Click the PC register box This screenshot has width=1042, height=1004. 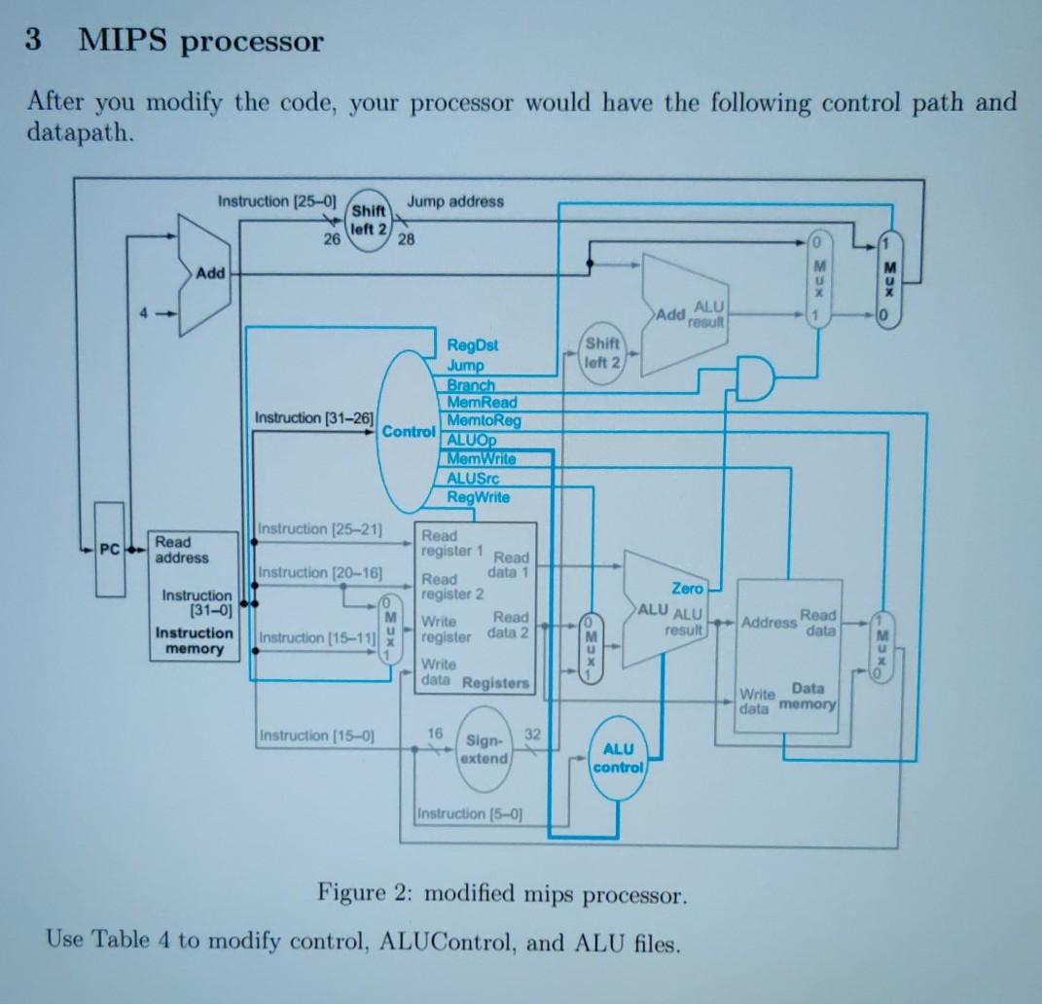110,550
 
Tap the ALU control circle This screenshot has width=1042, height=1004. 619,758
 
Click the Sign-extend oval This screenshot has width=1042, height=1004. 484,749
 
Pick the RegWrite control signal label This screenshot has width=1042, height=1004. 478,497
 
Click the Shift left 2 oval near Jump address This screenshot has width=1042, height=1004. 369,219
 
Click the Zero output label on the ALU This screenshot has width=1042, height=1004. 687,588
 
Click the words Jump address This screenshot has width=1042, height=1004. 455,201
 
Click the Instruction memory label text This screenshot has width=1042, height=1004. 195,640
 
